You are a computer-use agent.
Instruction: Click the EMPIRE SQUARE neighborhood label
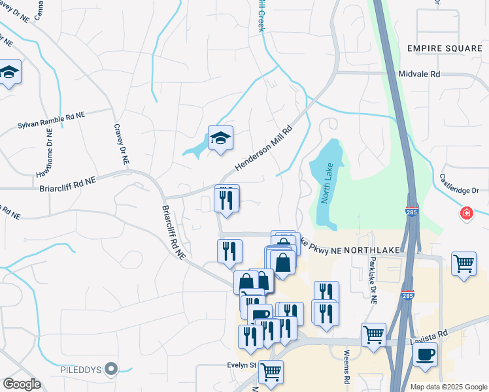click(444, 48)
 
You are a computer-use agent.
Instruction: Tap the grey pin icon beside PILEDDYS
click(112, 370)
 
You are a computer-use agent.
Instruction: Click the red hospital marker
click(466, 213)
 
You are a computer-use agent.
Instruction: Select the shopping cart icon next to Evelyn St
click(271, 372)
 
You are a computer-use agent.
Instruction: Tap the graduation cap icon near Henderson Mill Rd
click(220, 138)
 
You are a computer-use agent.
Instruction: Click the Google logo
click(22, 384)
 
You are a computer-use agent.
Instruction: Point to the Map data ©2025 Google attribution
click(448, 387)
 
